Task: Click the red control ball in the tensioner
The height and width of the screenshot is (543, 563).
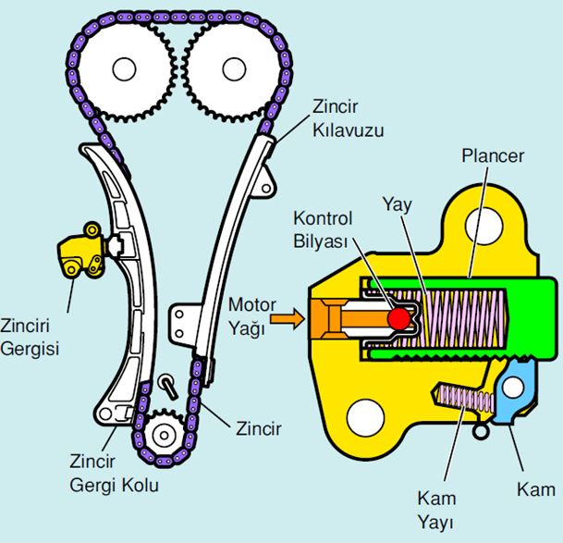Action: pyautogui.click(x=398, y=317)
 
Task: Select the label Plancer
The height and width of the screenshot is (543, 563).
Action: pyautogui.click(x=493, y=155)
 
